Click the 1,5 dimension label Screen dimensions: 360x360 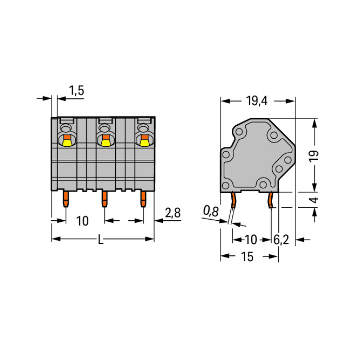click(76, 90)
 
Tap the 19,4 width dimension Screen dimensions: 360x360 click(257, 101)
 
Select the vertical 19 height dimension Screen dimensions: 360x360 click(313, 156)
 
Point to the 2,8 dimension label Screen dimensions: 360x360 click(173, 213)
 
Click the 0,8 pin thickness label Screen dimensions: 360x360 click(211, 211)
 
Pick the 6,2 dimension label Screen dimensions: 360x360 click(281, 240)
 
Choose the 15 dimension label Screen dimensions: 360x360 click(247, 256)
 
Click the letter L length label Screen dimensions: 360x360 click(101, 239)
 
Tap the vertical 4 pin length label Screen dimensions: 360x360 click(314, 200)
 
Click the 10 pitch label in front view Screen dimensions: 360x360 click(83, 221)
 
